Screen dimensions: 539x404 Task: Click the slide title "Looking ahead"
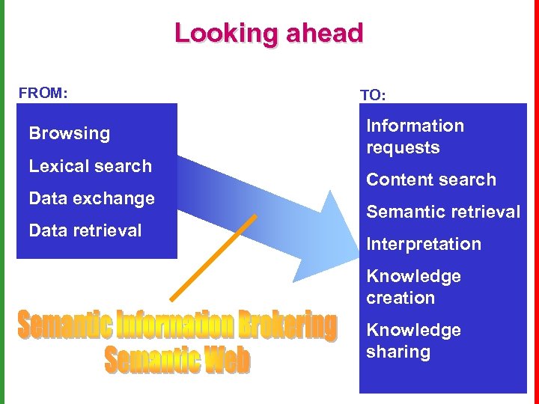(269, 34)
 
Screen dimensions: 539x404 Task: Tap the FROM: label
(43, 94)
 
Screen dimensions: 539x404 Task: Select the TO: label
(373, 95)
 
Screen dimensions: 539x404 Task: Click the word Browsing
(69, 134)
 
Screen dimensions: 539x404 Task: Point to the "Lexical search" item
(90, 166)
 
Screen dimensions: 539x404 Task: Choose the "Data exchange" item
(91, 198)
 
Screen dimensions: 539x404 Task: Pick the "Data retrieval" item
(85, 230)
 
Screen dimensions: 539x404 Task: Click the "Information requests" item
(415, 136)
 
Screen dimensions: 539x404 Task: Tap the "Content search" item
(430, 180)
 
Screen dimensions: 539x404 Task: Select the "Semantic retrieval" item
(442, 212)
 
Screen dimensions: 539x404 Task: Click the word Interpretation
(423, 244)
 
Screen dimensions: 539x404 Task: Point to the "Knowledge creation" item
(413, 287)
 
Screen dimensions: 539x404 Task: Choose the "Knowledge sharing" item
(413, 340)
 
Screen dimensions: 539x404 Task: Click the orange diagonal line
(213, 258)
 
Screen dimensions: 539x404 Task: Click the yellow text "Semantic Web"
(177, 361)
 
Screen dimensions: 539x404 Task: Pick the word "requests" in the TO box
(403, 147)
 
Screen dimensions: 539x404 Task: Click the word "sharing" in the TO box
(398, 352)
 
